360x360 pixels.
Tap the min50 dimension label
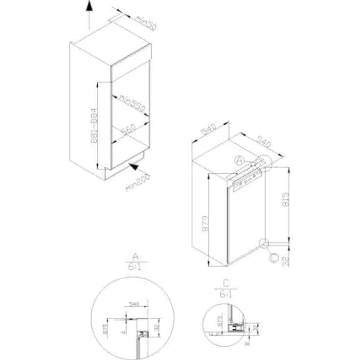145,23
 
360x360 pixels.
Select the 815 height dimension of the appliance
286,201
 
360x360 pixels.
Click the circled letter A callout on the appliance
239,160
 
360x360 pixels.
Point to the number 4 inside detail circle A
124,332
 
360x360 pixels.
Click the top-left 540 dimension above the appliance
209,130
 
